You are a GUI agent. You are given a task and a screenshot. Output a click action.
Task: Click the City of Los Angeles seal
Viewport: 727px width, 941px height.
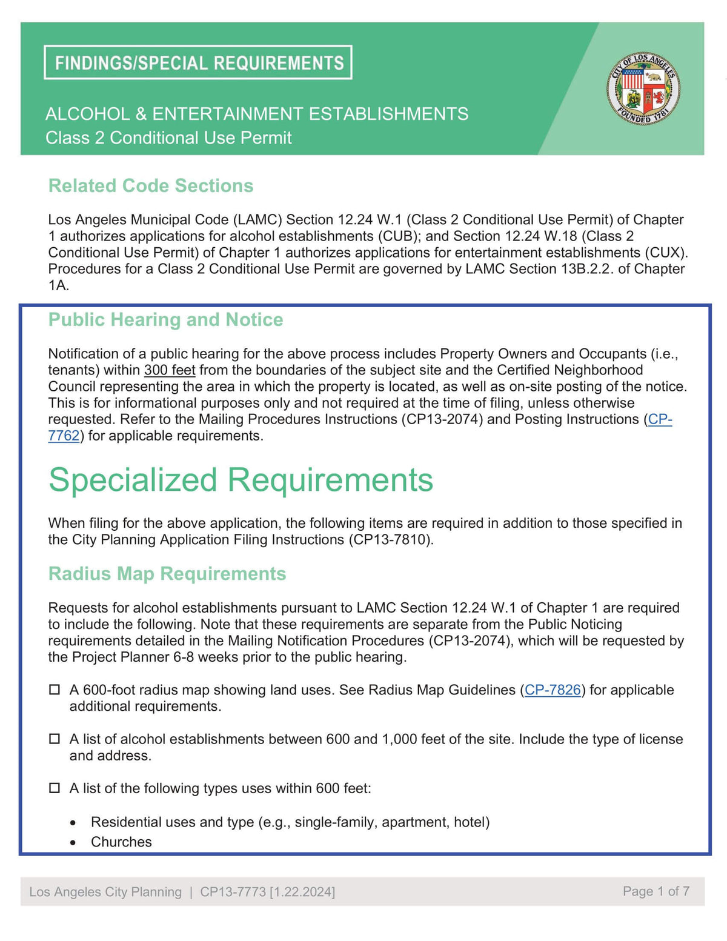pos(643,88)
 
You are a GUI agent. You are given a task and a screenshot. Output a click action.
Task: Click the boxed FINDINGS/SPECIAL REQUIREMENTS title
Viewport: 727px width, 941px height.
pos(198,62)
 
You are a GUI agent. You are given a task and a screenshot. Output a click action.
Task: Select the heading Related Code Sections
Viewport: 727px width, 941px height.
pos(151,185)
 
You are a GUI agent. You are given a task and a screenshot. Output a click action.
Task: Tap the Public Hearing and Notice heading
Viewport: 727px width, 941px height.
pos(165,319)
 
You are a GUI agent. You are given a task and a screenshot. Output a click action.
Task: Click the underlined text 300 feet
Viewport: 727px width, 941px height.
pos(170,370)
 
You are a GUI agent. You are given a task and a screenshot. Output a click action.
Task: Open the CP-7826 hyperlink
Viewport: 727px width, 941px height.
pos(553,690)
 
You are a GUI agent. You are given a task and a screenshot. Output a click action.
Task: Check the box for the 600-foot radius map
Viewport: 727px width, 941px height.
pos(55,690)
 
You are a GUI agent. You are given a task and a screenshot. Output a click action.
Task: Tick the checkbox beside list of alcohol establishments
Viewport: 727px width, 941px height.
pos(55,739)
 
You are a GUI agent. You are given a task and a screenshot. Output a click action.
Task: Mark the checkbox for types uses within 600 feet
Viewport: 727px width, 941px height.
pos(55,788)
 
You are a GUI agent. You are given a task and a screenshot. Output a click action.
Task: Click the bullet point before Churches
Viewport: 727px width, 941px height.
pos(73,843)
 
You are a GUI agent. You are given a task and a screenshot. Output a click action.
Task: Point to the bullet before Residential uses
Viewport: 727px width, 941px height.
pos(73,823)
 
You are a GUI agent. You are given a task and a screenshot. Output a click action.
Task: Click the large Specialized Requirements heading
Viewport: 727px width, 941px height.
pos(241,480)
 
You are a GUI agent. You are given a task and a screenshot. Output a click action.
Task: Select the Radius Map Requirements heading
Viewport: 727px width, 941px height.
pos(167,573)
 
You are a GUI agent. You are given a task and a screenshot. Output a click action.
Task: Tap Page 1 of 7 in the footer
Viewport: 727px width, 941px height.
pos(656,891)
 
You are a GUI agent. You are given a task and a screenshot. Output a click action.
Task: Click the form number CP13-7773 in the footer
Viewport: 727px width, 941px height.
pos(233,892)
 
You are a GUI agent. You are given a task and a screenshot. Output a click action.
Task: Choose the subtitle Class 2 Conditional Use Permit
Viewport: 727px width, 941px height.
pos(168,138)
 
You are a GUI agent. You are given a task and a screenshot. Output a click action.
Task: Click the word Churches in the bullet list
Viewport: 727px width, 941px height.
pos(121,842)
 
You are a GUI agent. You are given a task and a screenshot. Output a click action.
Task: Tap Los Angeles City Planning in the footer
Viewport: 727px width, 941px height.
pos(105,892)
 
